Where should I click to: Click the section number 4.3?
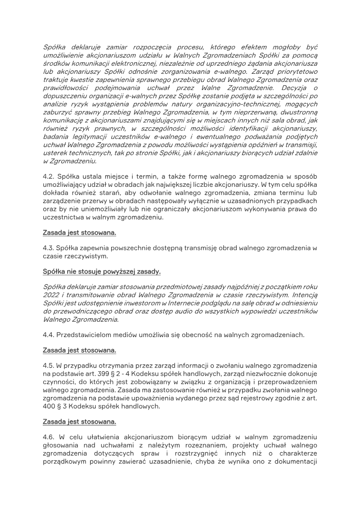click(x=48, y=247)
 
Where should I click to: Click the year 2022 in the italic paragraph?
click(x=52, y=295)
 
